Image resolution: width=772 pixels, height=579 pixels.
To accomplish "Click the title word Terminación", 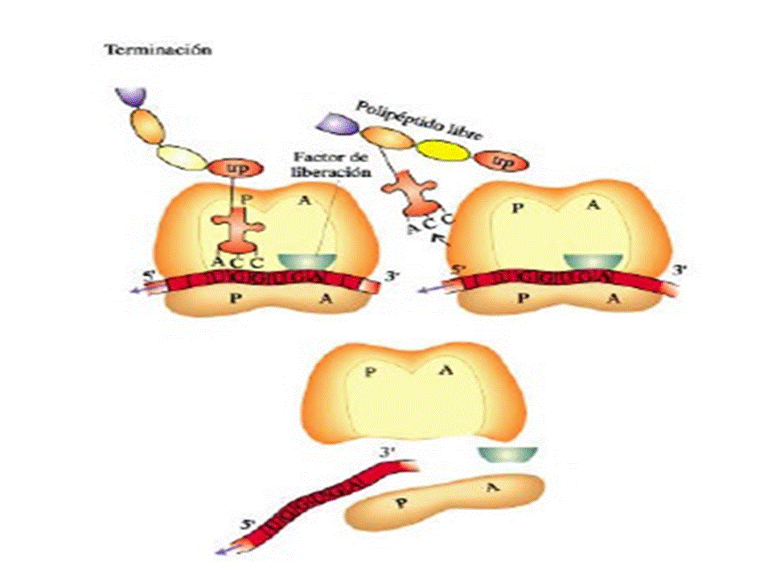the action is (x=158, y=49).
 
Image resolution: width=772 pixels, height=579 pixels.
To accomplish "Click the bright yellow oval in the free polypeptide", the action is (x=445, y=150).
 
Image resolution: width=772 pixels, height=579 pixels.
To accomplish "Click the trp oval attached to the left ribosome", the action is (x=230, y=169).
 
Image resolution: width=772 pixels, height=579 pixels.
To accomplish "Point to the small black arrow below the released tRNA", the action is (x=438, y=239).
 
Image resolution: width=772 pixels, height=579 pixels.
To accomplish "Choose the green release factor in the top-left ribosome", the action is (x=306, y=261).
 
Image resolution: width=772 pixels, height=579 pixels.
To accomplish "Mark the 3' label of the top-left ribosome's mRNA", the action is (x=392, y=277).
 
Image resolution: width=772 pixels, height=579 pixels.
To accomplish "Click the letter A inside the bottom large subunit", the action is (x=448, y=372).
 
